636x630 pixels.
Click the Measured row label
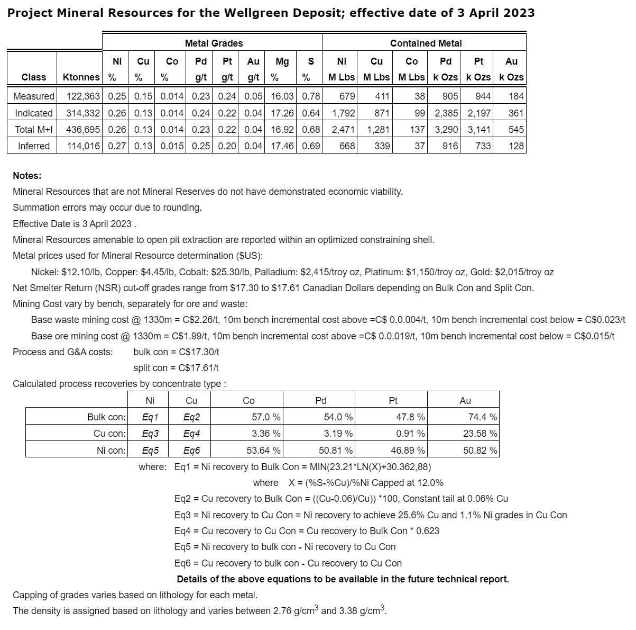pyautogui.click(x=33, y=96)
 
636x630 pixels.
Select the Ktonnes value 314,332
pyautogui.click(x=82, y=113)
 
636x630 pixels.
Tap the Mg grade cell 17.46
pyautogui.click(x=282, y=146)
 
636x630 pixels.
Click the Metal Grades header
pyautogui.click(x=214, y=43)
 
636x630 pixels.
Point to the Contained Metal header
pyautogui.click(x=426, y=43)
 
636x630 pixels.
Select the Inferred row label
pyautogui.click(x=33, y=146)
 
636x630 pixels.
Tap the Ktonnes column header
pyautogui.click(x=80, y=77)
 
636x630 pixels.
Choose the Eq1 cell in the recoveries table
pyautogui.click(x=150, y=417)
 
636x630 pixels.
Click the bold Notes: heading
pyautogui.click(x=27, y=176)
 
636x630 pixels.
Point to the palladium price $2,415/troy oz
pyautogui.click(x=330, y=272)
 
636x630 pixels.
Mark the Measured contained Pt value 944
pyautogui.click(x=483, y=96)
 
